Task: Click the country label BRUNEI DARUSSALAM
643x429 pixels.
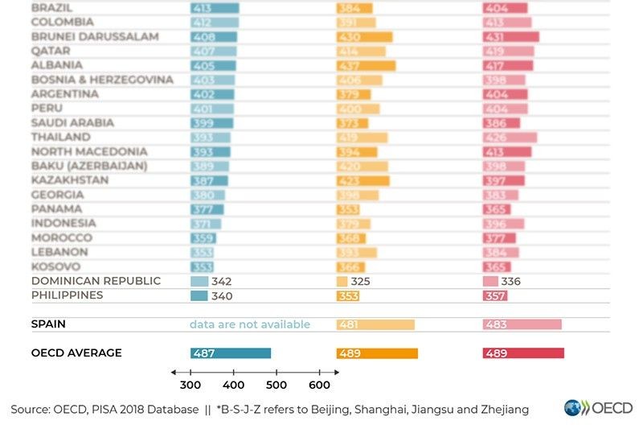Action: pyautogui.click(x=95, y=36)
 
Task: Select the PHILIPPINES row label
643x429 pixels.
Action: pyautogui.click(x=67, y=295)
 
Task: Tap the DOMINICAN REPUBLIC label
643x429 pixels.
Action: pyautogui.click(x=96, y=281)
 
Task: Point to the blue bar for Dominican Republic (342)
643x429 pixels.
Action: pyautogui.click(x=199, y=282)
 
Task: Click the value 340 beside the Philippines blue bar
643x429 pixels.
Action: pyautogui.click(x=222, y=296)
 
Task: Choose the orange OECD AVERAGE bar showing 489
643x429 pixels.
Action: pyautogui.click(x=376, y=353)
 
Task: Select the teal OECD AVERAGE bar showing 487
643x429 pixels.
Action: pyautogui.click(x=231, y=353)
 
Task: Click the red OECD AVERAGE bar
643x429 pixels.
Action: pyautogui.click(x=523, y=353)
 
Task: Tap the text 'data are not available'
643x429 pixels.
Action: pyautogui.click(x=249, y=324)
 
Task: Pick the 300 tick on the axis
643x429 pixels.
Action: pyautogui.click(x=191, y=385)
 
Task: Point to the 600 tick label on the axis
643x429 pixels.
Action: pyautogui.click(x=319, y=385)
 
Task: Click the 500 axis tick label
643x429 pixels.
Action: pyautogui.click(x=276, y=385)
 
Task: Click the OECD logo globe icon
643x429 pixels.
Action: pyautogui.click(x=574, y=407)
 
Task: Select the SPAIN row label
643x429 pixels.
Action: pyautogui.click(x=48, y=324)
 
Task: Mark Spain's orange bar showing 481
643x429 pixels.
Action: pyautogui.click(x=375, y=324)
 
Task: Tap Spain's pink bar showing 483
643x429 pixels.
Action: pyautogui.click(x=522, y=324)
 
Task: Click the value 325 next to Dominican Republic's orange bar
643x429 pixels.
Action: pyautogui.click(x=361, y=282)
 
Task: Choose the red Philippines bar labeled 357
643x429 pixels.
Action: pyautogui.click(x=495, y=296)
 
